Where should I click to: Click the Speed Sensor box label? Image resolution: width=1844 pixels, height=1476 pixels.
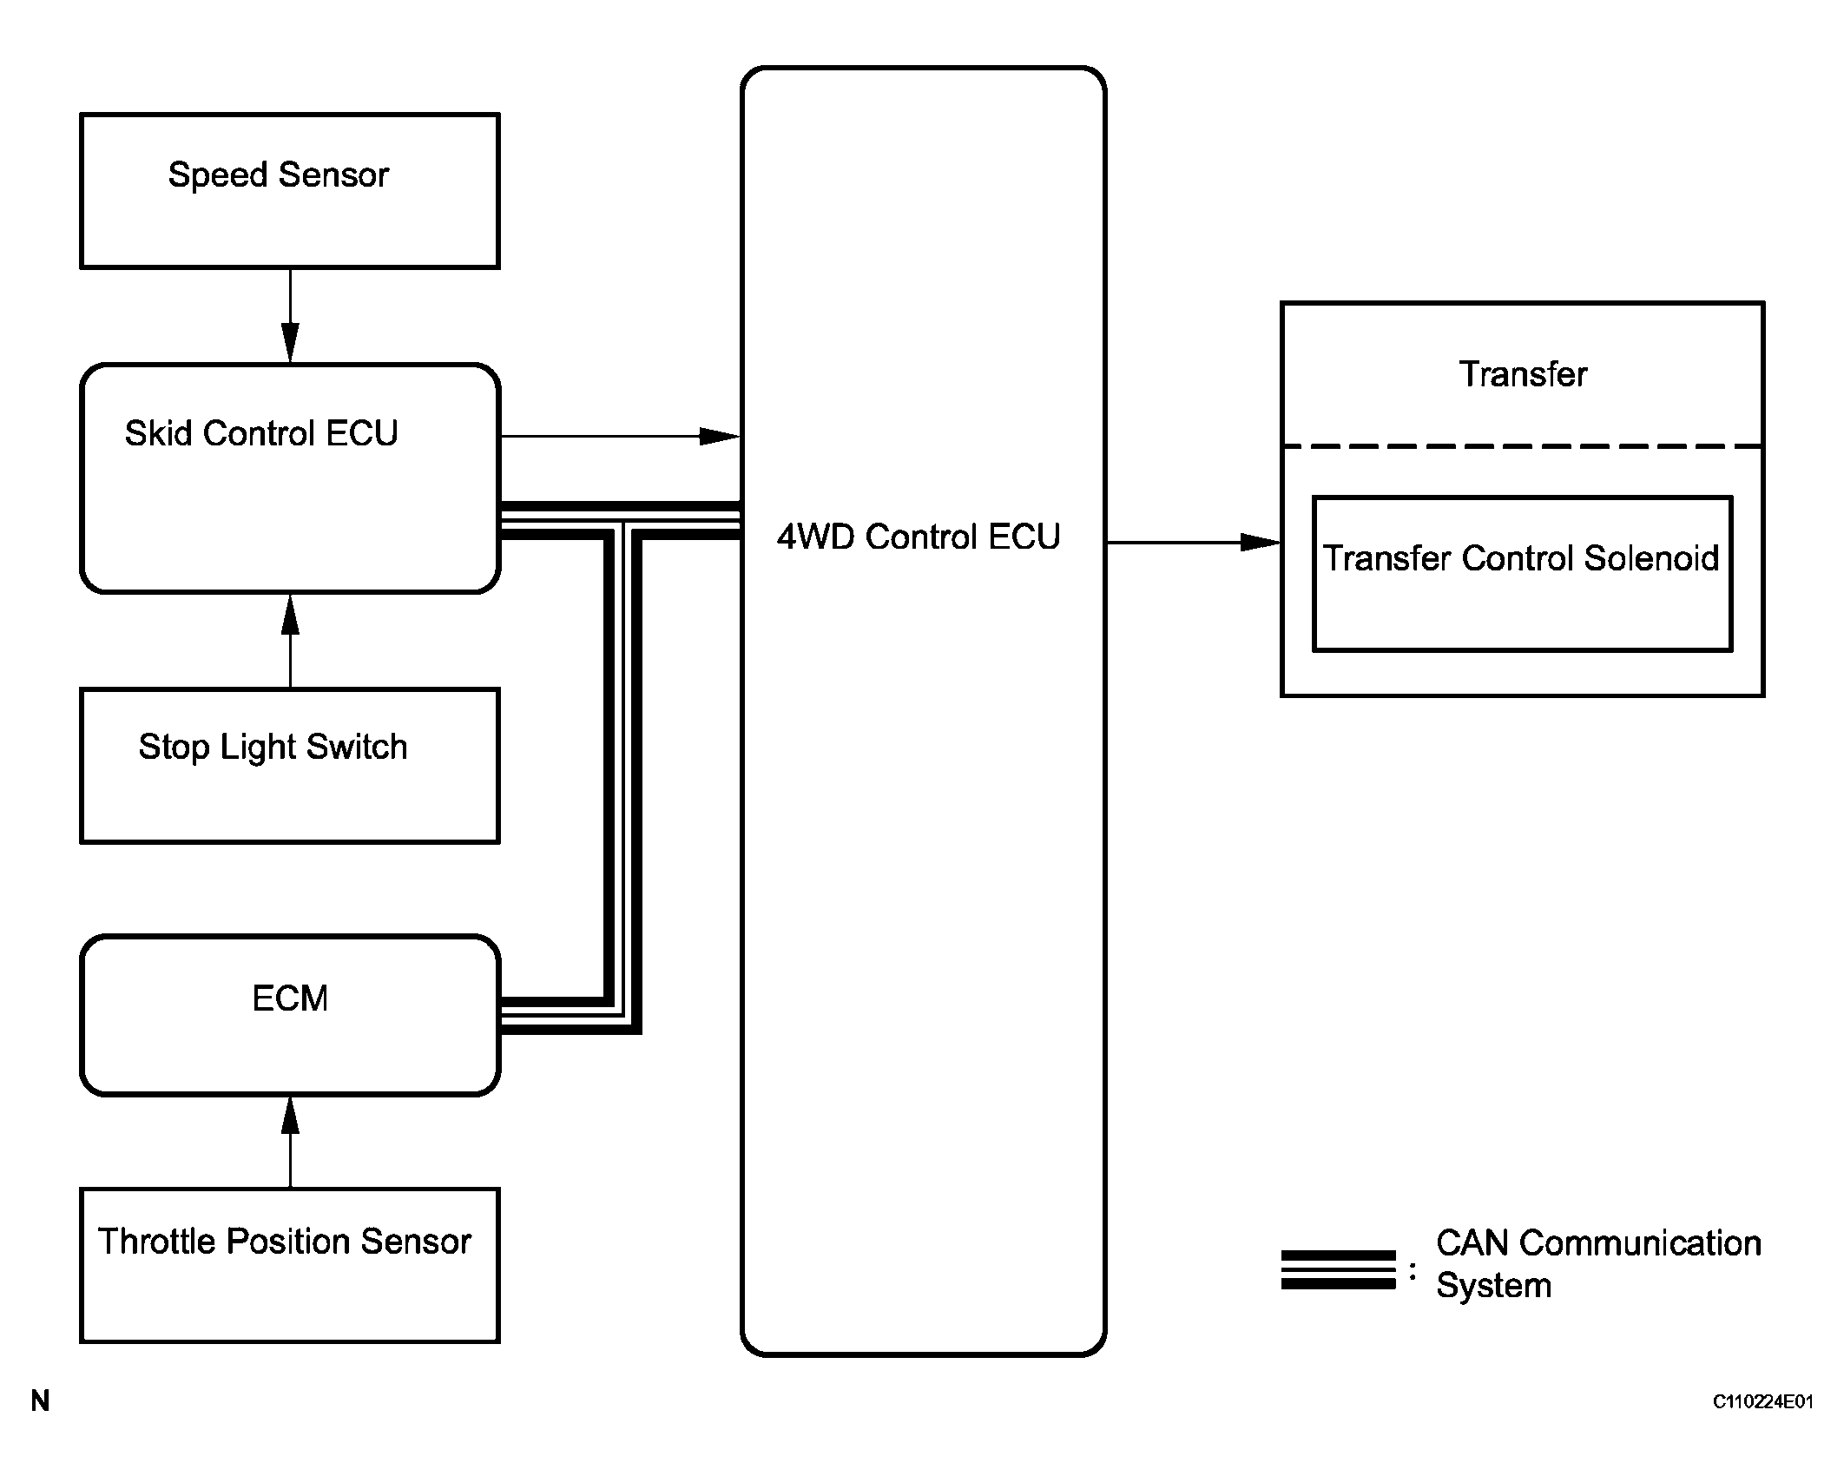(278, 175)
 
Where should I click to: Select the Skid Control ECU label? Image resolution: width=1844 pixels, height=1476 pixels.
(261, 433)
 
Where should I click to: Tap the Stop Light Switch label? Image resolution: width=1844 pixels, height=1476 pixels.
(273, 747)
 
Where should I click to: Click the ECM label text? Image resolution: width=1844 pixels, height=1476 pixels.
(290, 998)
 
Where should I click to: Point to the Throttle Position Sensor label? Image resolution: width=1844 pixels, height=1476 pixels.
(284, 1242)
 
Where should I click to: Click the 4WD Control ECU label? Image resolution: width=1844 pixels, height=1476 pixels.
(919, 537)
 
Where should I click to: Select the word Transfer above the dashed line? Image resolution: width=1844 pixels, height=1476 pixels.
(1523, 374)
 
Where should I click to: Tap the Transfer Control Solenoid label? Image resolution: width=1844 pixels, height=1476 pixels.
(1521, 558)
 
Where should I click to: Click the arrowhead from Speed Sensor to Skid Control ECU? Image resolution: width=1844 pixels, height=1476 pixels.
(291, 342)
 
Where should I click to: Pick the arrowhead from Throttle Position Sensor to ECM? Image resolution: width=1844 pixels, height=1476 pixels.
(291, 1117)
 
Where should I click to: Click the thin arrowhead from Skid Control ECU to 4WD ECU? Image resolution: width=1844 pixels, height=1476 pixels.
(719, 436)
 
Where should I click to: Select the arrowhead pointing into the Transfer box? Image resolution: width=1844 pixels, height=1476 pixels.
(1260, 543)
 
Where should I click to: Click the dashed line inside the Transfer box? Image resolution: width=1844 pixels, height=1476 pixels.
(1523, 446)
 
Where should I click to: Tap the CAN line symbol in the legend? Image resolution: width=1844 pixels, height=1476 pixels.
(1338, 1269)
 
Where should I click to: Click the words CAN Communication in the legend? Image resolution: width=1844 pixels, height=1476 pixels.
(1598, 1243)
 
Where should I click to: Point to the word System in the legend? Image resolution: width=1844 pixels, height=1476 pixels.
(1493, 1285)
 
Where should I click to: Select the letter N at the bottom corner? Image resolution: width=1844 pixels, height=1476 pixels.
(40, 1400)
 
